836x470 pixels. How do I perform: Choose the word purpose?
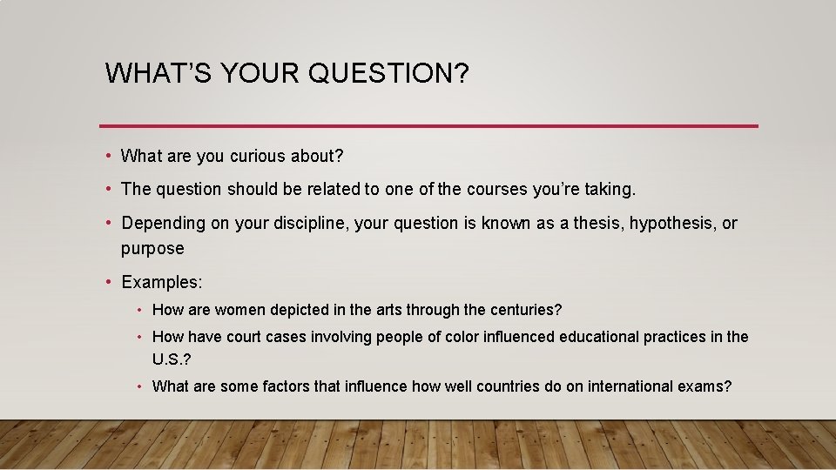coord(152,249)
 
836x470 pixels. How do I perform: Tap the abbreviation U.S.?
coord(170,360)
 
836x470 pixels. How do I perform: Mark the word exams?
coord(705,386)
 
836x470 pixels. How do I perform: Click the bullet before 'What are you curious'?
coord(107,157)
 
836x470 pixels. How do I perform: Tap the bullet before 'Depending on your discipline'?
coord(107,224)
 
